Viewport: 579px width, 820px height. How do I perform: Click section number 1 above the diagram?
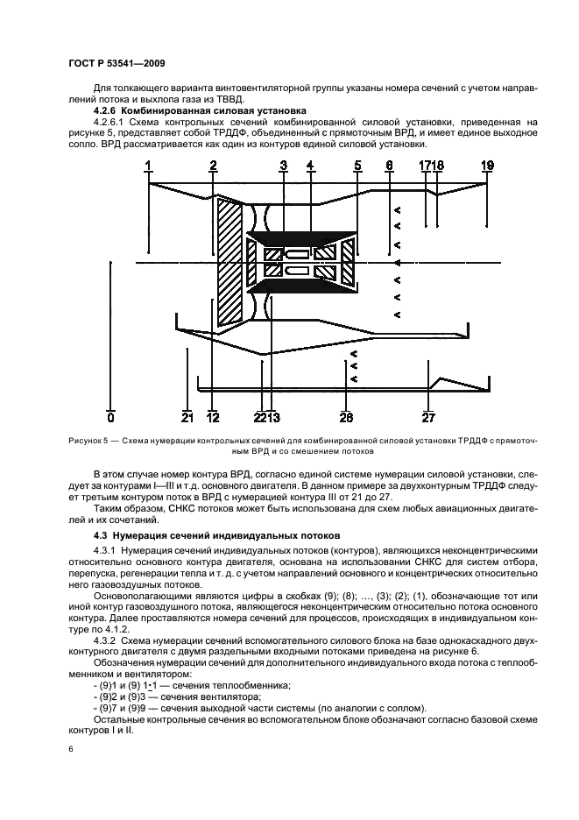[x=149, y=165]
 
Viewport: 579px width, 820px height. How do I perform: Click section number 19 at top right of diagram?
[x=488, y=165]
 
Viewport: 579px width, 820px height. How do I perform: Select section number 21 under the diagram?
[x=187, y=417]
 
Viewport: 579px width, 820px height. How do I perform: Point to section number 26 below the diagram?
[x=346, y=417]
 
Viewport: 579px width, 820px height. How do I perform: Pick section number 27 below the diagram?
[x=428, y=417]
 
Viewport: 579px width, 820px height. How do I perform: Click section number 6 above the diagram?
[x=389, y=165]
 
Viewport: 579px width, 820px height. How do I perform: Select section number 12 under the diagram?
[x=212, y=417]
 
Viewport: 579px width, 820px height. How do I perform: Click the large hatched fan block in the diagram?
[x=230, y=263]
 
